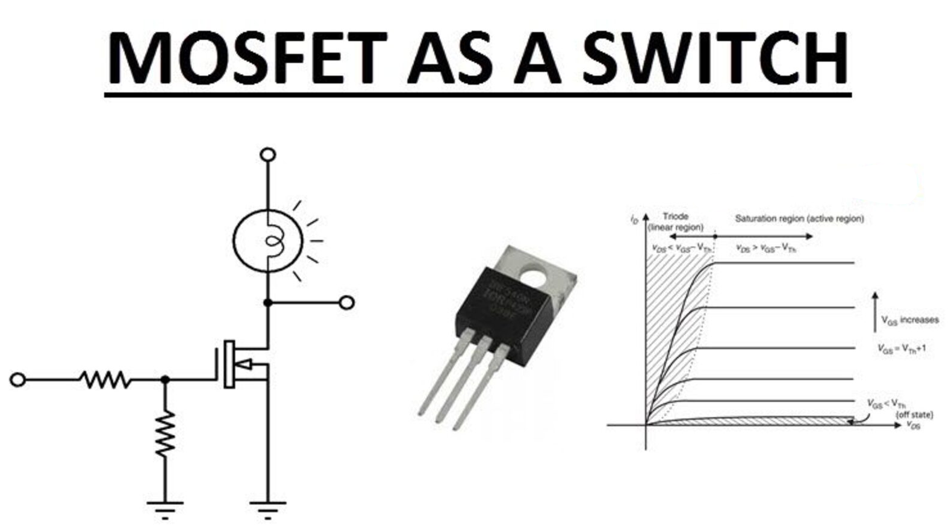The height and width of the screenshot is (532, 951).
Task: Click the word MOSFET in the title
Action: [246, 58]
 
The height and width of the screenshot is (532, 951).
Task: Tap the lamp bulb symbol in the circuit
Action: [268, 241]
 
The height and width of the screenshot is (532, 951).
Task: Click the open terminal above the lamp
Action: [268, 155]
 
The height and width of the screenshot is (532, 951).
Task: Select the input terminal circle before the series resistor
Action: [18, 380]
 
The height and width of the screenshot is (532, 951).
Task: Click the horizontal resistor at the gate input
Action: [105, 380]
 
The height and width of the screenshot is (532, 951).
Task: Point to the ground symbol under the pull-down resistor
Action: [165, 509]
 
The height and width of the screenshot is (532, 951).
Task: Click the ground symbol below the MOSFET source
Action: [268, 509]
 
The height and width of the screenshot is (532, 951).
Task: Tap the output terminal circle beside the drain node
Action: [346, 303]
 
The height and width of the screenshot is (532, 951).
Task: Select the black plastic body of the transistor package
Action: [509, 313]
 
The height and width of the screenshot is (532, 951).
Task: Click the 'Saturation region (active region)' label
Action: [799, 218]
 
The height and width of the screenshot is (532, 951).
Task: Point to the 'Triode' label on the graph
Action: [675, 216]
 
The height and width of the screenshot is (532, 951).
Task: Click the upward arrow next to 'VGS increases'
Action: [875, 312]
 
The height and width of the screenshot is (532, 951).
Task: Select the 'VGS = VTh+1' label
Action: [901, 349]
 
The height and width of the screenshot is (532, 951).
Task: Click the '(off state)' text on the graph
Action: [915, 415]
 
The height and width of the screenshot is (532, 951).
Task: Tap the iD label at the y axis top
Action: [634, 220]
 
